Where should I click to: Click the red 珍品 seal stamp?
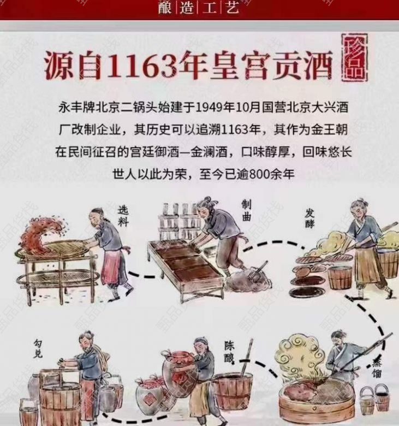tap(355, 57)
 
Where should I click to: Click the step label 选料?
tap(123, 216)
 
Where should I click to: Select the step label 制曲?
tap(247, 210)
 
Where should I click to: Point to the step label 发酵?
tap(309, 218)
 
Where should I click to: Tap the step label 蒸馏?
tap(377, 368)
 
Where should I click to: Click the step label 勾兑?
tap(38, 348)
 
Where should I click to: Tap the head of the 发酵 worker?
tap(361, 210)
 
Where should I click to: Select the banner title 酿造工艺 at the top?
tap(199, 7)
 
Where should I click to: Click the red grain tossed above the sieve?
tap(44, 234)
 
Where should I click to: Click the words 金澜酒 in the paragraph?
tap(209, 152)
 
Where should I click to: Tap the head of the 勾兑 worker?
tap(87, 340)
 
